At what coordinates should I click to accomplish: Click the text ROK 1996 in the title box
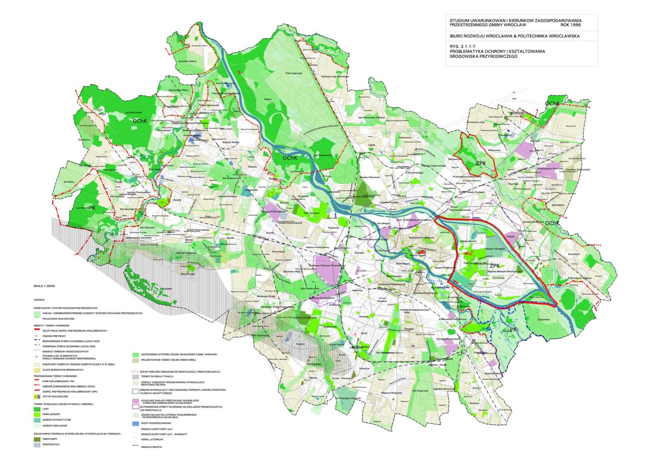[x=570, y=25]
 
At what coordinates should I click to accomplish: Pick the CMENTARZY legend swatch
[x=37, y=439]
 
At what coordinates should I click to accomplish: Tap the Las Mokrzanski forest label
[x=134, y=112]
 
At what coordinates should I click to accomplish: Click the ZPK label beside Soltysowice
[x=481, y=163]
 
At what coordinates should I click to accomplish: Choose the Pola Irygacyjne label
[x=294, y=73]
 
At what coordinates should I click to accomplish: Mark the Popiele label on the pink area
[x=510, y=237]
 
